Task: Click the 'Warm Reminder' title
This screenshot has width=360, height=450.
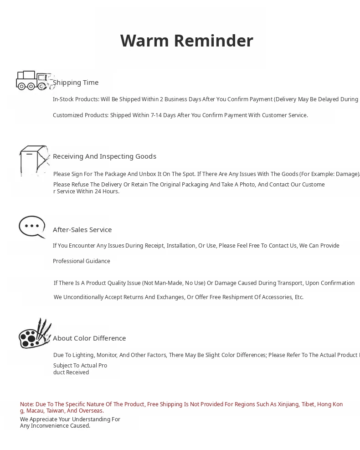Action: pyautogui.click(x=186, y=41)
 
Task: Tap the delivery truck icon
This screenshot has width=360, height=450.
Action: pyautogui.click(x=33, y=80)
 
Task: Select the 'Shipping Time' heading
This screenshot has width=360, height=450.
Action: pyautogui.click(x=76, y=83)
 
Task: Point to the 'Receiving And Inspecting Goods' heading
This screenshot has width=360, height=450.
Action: pyautogui.click(x=104, y=156)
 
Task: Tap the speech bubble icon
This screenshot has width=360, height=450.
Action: pyautogui.click(x=32, y=226)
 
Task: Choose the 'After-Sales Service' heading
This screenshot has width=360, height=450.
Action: pyautogui.click(x=82, y=230)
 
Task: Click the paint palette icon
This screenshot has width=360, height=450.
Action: pyautogui.click(x=34, y=334)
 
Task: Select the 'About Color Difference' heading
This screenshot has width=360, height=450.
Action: pyautogui.click(x=89, y=338)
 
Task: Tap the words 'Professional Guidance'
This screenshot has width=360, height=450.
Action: pyautogui.click(x=82, y=261)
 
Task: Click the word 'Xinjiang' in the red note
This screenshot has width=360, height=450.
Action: pyautogui.click(x=287, y=404)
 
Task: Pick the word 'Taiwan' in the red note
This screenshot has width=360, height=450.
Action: pyautogui.click(x=55, y=411)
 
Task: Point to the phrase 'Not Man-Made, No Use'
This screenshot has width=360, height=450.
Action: pyautogui.click(x=173, y=283)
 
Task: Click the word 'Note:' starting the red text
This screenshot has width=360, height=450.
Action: pyautogui.click(x=27, y=404)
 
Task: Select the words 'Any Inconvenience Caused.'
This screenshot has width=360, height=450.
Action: pyautogui.click(x=55, y=426)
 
